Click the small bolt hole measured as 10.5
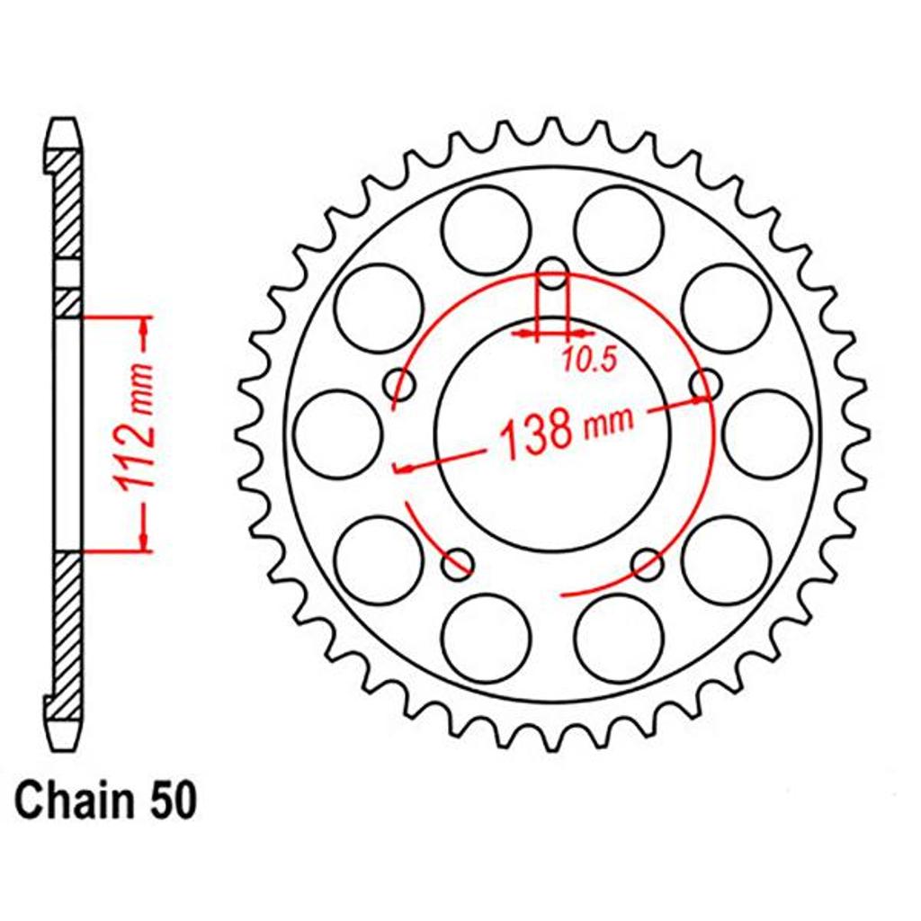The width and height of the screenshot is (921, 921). (552, 273)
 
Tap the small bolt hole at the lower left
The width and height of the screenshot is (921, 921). (458, 564)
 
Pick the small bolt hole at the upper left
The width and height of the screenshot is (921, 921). (399, 384)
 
